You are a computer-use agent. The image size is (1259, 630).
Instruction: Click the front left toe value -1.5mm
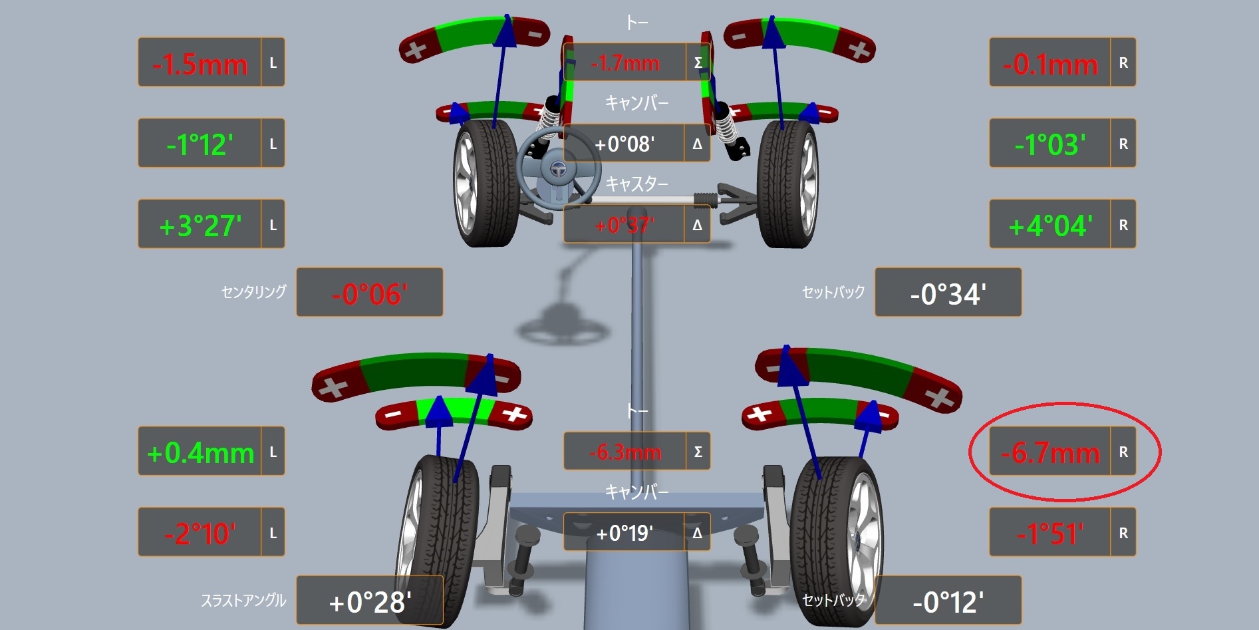200,65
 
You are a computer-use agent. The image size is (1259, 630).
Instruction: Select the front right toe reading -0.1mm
1050,65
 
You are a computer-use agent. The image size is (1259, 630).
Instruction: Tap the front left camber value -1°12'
200,144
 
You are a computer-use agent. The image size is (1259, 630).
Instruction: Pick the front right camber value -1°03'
1050,144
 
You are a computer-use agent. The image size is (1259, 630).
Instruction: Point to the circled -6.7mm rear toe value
1050,453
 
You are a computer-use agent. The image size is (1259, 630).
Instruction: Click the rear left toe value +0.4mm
200,453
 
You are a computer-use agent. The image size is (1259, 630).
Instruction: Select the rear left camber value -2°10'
200,534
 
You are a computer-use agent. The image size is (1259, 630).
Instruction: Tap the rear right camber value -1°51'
1050,534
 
